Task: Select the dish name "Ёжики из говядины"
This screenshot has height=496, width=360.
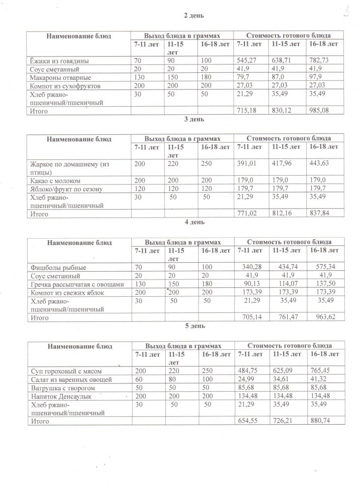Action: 59,61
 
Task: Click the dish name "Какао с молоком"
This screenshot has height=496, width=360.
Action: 55,181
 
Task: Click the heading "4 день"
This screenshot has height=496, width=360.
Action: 194,222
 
